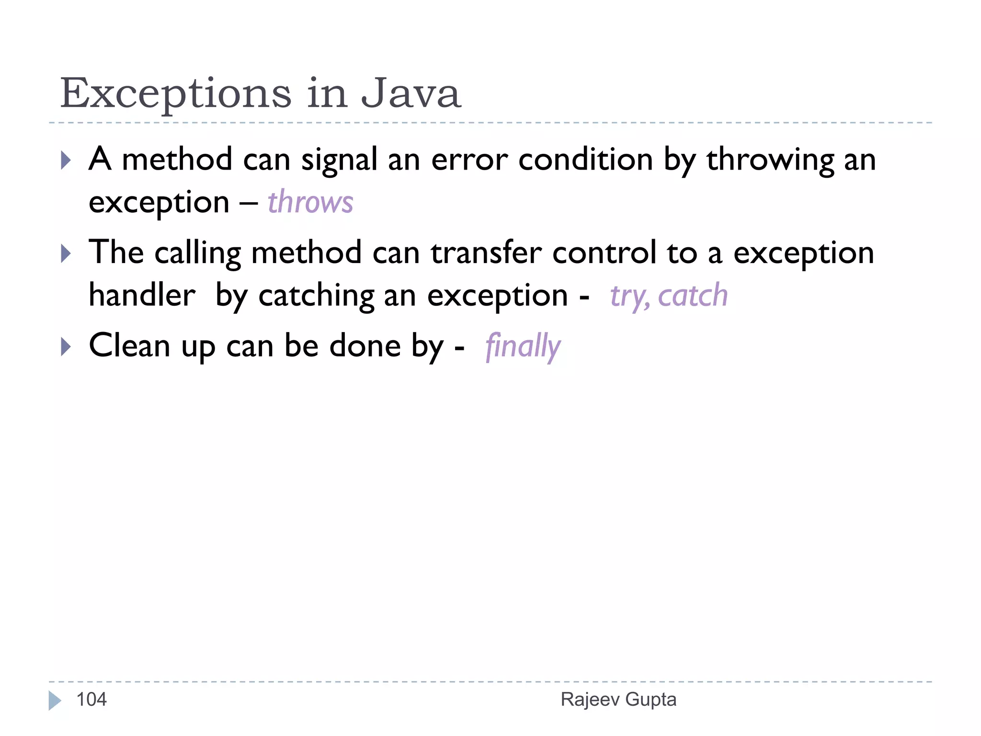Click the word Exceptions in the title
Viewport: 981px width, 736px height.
click(176, 93)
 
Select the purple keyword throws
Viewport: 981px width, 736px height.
click(310, 202)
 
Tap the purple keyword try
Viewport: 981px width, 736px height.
click(629, 296)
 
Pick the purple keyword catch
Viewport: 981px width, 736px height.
click(693, 295)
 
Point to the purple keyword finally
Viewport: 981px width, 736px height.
click(523, 346)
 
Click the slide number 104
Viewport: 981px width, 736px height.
click(91, 700)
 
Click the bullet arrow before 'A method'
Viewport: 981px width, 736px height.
click(66, 161)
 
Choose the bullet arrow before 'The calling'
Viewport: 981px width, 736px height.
click(66, 253)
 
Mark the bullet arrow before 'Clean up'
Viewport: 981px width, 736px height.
click(66, 346)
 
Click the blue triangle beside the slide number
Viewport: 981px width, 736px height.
click(55, 701)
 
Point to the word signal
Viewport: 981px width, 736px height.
click(339, 160)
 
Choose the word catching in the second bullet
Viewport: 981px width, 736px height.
click(316, 296)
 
